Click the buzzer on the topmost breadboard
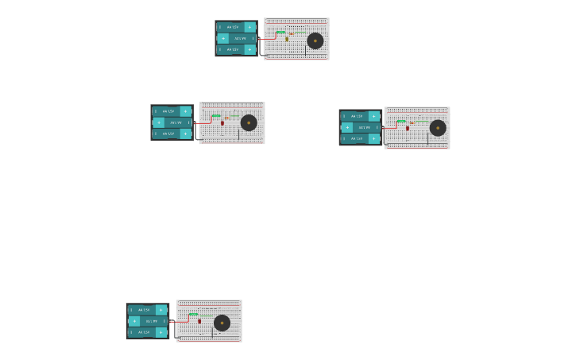[x=315, y=41]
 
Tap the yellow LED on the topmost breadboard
[x=287, y=39]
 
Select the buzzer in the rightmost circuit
[x=438, y=128]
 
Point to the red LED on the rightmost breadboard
[x=408, y=127]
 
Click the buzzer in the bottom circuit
[x=222, y=323]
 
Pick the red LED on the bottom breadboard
[x=199, y=321]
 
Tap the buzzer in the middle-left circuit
[x=249, y=122]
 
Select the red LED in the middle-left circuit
[x=222, y=122]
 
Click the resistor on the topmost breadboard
[x=280, y=33]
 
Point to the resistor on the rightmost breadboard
[x=401, y=122]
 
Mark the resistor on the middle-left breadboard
[x=216, y=116]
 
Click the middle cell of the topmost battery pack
[x=237, y=38]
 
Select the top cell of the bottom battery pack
[x=148, y=310]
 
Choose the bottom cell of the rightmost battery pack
[x=360, y=138]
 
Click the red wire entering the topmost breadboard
[x=269, y=37]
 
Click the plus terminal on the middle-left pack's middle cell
[x=159, y=122]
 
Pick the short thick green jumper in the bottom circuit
[x=193, y=315]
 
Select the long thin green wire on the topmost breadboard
[x=300, y=33]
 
